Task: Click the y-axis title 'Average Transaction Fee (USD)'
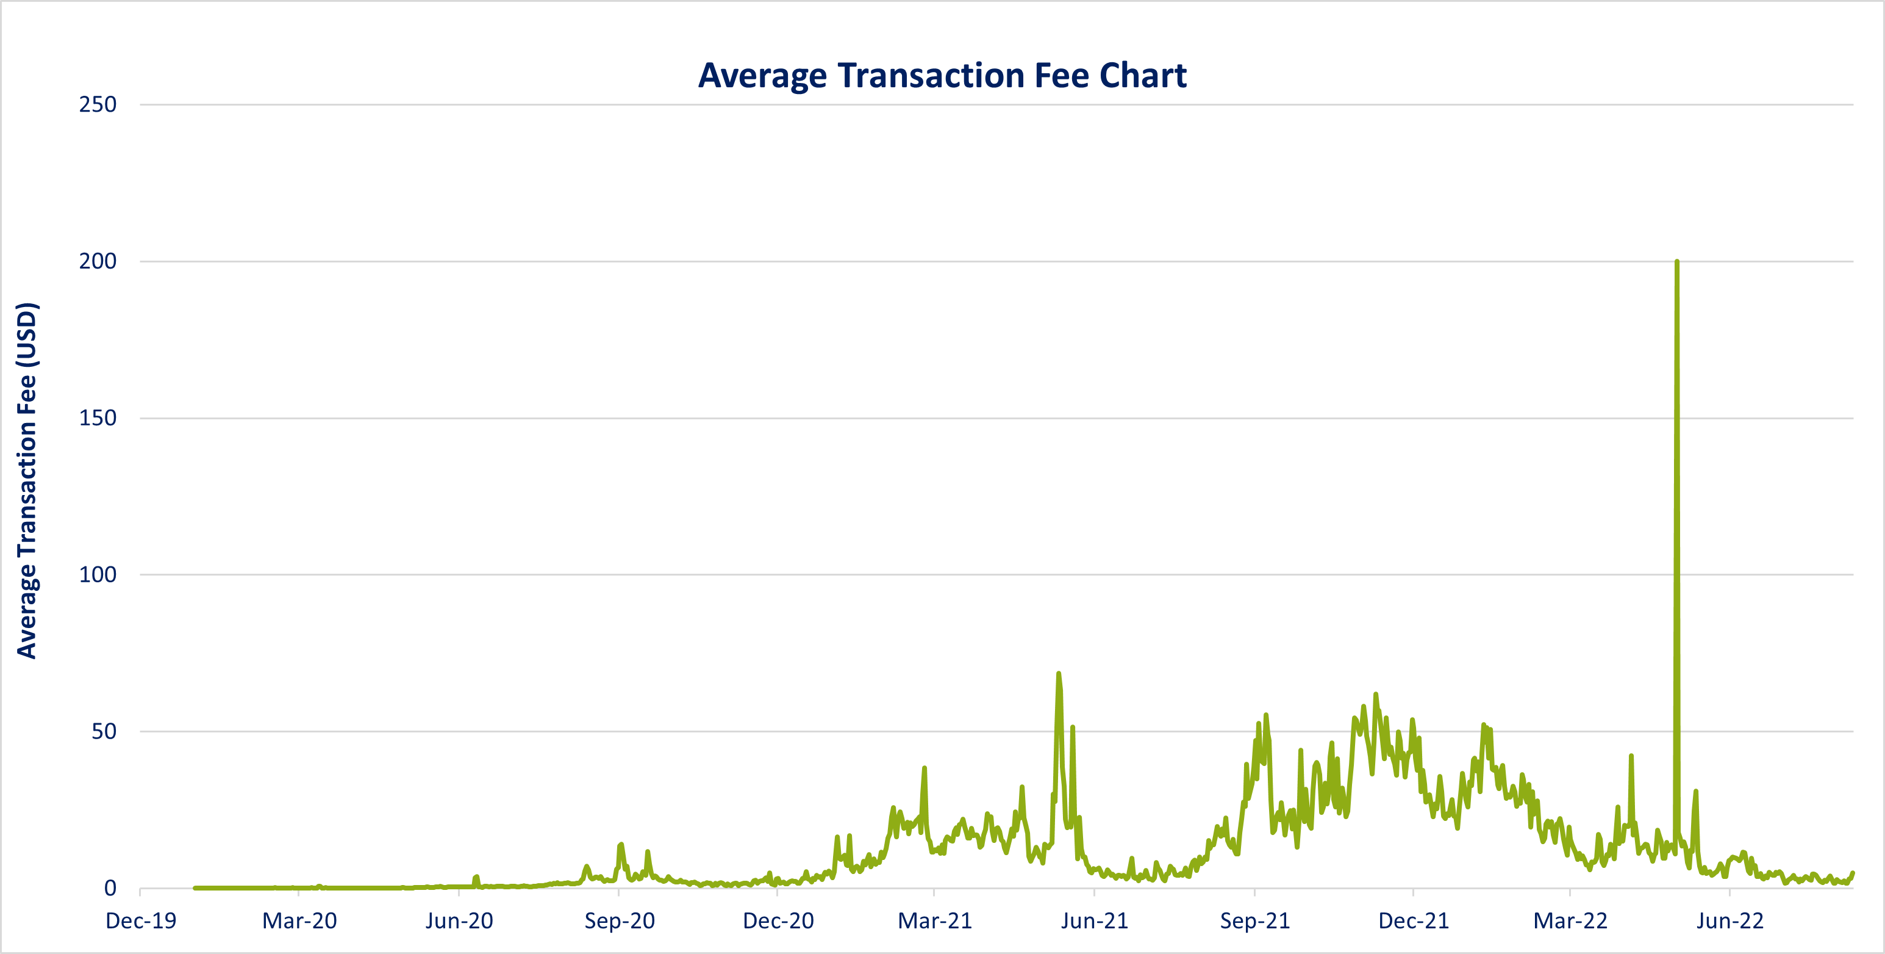pyautogui.click(x=27, y=480)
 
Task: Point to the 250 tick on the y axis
pyautogui.click(x=98, y=105)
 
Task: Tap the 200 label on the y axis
pyautogui.click(x=98, y=261)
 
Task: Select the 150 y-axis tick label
pyautogui.click(x=98, y=418)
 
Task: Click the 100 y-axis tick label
pyautogui.click(x=98, y=575)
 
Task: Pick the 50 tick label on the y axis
pyautogui.click(x=104, y=731)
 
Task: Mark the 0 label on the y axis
pyautogui.click(x=110, y=888)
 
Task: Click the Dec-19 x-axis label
pyautogui.click(x=141, y=921)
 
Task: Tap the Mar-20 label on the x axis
pyautogui.click(x=299, y=921)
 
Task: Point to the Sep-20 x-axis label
pyautogui.click(x=619, y=921)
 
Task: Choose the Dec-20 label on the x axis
pyautogui.click(x=778, y=921)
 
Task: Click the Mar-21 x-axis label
pyautogui.click(x=934, y=921)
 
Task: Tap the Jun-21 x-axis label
pyautogui.click(x=1095, y=921)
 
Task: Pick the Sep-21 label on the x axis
pyautogui.click(x=1254, y=921)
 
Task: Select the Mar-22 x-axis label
pyautogui.click(x=1570, y=921)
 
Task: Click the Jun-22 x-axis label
pyautogui.click(x=1730, y=921)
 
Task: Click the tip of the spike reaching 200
pyautogui.click(x=1676, y=261)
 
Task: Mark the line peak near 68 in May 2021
pyautogui.click(x=1058, y=674)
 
